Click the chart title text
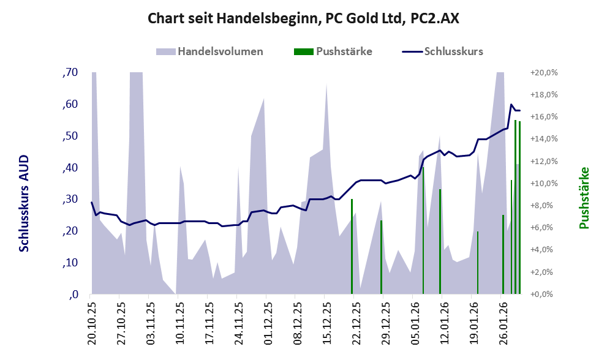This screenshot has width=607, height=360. click(x=303, y=18)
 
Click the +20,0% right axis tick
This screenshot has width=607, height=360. click(x=544, y=72)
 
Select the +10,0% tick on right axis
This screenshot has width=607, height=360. click(x=544, y=183)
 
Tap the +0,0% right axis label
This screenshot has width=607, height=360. click(x=544, y=294)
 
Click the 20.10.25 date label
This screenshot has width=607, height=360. click(x=92, y=321)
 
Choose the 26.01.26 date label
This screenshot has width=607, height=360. click(x=502, y=321)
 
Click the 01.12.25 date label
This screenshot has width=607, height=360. click(x=267, y=321)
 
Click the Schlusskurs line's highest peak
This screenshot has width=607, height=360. click(x=511, y=105)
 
